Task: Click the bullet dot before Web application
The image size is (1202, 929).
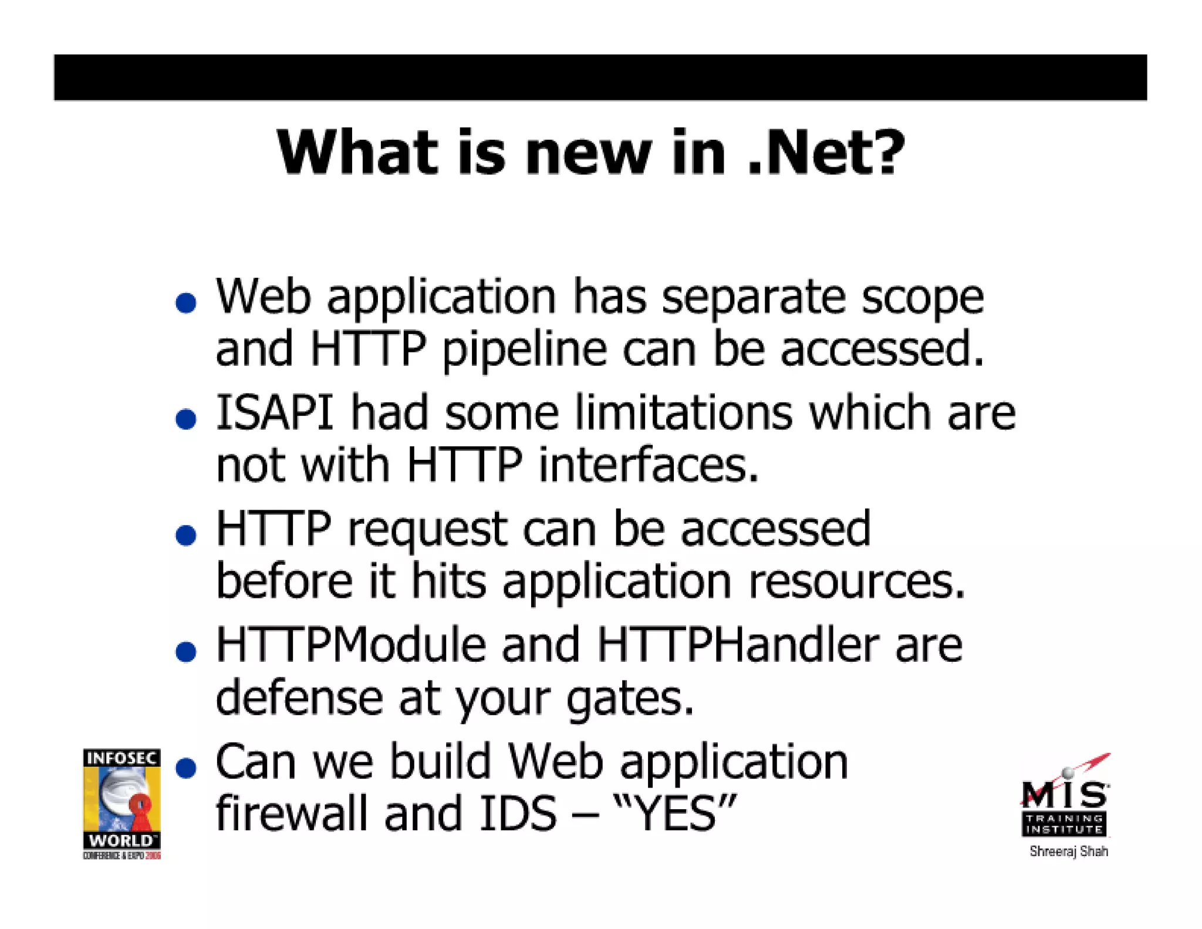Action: tap(186, 303)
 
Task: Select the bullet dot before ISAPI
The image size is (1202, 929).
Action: tap(186, 419)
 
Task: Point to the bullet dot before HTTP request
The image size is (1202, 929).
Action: tap(186, 535)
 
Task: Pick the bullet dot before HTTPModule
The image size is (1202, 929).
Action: tap(186, 651)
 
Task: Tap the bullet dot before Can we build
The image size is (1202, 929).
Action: tap(186, 768)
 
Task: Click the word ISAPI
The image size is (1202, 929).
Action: tap(275, 413)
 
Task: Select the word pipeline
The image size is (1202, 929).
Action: tap(524, 349)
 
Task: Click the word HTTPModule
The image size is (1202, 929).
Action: tap(351, 645)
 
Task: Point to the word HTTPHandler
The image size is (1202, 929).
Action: tap(738, 645)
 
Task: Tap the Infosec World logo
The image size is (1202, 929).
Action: tap(121, 803)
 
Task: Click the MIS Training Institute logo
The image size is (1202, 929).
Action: tap(1065, 799)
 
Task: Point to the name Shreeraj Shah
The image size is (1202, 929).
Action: tap(1068, 851)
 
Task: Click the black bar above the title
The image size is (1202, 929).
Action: tap(600, 78)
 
